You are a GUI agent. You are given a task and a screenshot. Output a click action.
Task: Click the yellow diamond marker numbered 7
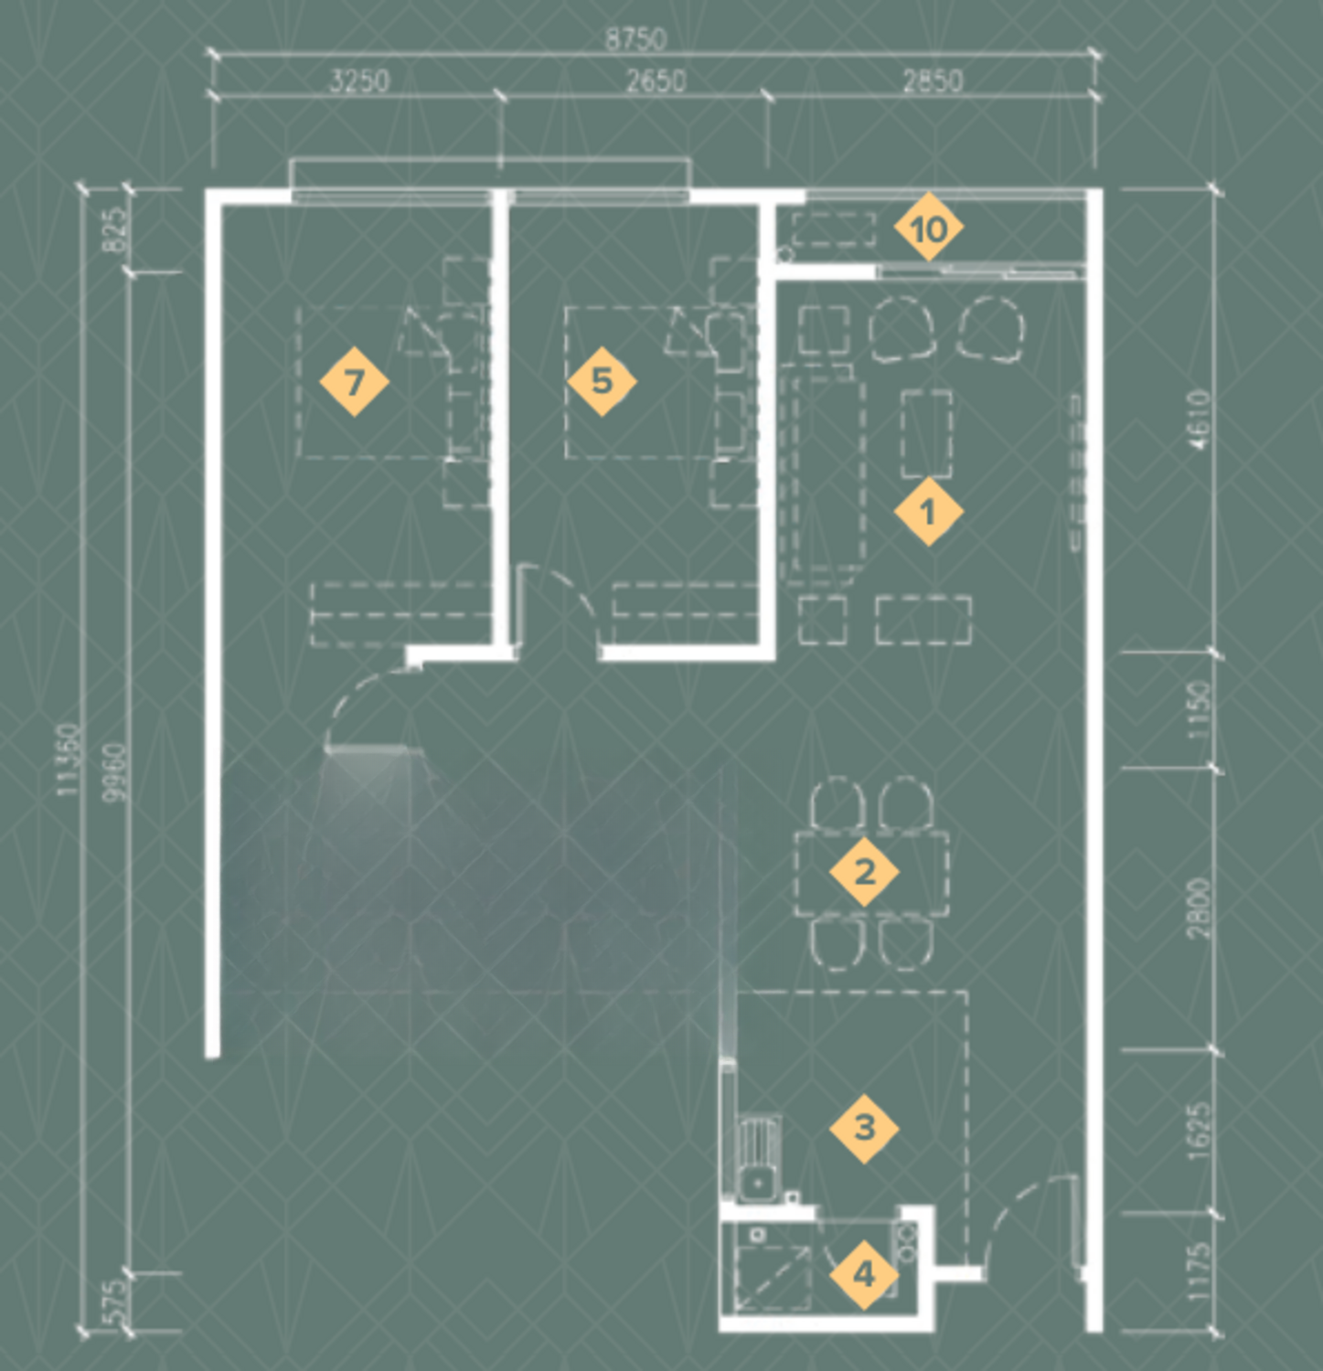[354, 381]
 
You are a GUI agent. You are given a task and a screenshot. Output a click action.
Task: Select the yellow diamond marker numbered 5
[602, 381]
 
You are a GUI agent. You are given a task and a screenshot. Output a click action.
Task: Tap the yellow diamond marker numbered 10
[928, 228]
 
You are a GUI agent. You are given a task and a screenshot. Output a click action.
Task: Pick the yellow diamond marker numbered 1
[928, 512]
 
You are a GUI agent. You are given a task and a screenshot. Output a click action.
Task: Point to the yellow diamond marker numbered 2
[864, 872]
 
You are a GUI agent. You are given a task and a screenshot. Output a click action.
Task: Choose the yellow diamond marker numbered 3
[864, 1128]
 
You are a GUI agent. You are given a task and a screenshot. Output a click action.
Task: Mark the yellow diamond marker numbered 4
[864, 1273]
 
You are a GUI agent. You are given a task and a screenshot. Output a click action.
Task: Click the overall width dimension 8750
[636, 39]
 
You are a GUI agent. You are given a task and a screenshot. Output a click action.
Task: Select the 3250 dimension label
[359, 80]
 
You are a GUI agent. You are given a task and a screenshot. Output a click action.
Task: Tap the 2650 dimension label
[656, 80]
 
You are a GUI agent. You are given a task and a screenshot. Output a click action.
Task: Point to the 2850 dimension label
[933, 80]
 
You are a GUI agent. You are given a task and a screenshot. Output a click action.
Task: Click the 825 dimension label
[115, 231]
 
